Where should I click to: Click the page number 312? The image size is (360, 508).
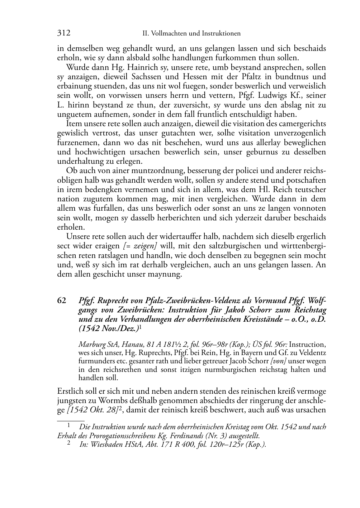pos(63,33)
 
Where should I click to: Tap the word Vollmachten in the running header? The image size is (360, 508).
pos(168,34)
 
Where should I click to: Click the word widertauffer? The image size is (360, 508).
pos(182,236)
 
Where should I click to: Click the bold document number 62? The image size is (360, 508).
pos(62,300)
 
